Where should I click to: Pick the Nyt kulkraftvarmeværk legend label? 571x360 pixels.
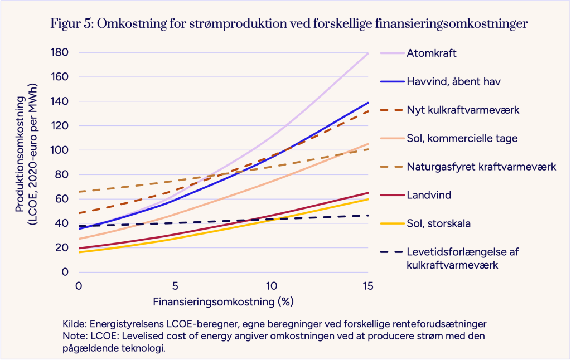point(463,110)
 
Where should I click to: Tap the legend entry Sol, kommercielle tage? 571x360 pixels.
point(462,138)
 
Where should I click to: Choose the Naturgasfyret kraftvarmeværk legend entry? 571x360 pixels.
point(481,167)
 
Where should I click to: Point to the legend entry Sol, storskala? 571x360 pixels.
point(438,223)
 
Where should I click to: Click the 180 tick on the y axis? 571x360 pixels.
point(60,52)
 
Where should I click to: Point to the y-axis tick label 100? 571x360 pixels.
point(60,150)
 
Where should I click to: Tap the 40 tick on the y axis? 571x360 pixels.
point(62,223)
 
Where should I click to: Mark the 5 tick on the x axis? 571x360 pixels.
point(175,285)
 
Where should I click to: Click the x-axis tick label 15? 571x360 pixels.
point(367,285)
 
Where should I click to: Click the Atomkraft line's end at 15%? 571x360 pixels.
point(367,53)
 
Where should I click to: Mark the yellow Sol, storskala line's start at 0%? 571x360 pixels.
point(79,252)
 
